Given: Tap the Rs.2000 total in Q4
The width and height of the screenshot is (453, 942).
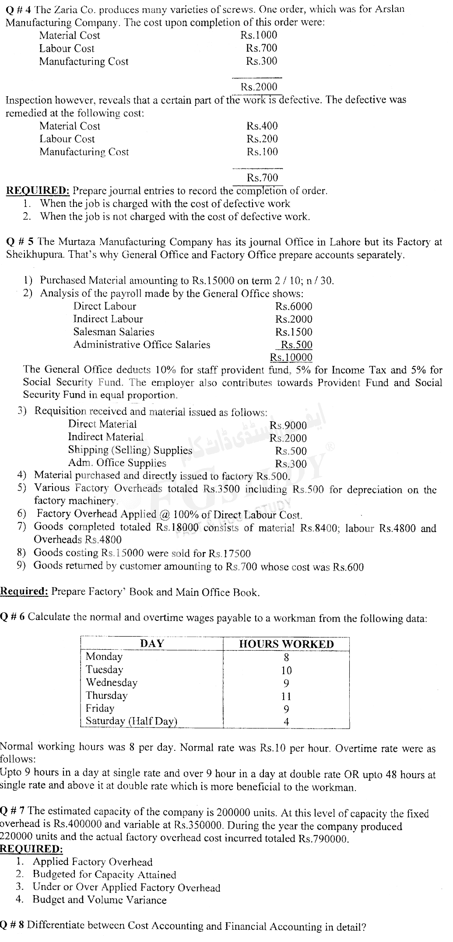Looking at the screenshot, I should coord(260,87).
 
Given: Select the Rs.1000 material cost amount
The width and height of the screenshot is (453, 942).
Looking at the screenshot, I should coord(259,35).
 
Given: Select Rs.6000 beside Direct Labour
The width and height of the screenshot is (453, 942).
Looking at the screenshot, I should coord(294,307).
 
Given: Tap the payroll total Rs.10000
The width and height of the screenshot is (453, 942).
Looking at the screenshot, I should coord(291,357).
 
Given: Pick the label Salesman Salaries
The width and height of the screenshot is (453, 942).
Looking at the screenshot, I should coord(114,332).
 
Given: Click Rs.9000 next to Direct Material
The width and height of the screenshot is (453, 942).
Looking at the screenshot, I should coord(288,425).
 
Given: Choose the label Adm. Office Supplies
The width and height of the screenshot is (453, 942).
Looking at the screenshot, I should coord(117,463).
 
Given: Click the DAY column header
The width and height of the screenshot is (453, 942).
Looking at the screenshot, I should coord(152,644).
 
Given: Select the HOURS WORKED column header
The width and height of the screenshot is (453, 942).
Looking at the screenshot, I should coord(286,644).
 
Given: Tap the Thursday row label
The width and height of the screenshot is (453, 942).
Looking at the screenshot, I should coord(106,696).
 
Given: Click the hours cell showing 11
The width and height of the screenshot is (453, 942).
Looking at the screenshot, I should coord(286,696).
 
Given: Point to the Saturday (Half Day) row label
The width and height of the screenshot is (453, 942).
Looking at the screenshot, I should coord(131,721).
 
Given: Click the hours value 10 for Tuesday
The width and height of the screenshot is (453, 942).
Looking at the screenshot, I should coord(286,670).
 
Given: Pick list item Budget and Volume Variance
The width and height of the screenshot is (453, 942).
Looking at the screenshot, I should coord(99,900).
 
